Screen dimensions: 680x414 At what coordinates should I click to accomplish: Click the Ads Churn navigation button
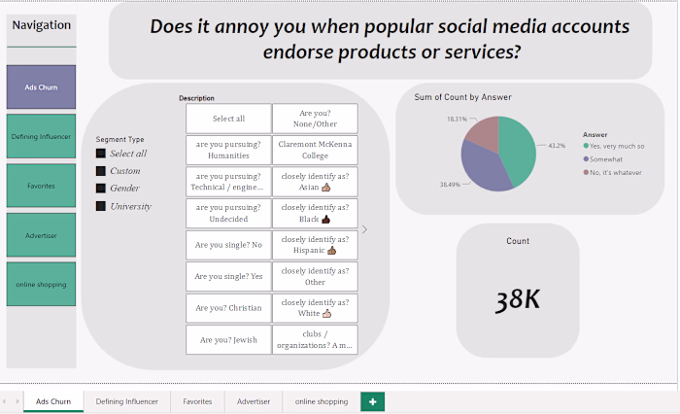[41, 86]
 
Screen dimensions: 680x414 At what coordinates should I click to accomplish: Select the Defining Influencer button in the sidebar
[41, 136]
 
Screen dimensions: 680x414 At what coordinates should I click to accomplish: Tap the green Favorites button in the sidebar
[41, 186]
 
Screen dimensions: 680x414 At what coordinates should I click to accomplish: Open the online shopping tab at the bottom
[322, 401]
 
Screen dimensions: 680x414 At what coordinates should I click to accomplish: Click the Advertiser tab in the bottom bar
[254, 401]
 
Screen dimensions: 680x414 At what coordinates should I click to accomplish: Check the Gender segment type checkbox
[101, 189]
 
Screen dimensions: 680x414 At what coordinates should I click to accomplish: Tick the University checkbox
[101, 206]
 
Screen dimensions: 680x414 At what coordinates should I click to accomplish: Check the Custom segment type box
[101, 171]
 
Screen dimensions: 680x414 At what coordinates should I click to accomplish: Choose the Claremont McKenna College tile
[316, 150]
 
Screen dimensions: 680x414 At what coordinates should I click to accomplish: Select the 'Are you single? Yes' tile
[228, 276]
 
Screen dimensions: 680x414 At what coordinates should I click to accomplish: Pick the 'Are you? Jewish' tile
[228, 340]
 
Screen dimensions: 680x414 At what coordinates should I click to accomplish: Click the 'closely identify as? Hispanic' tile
[316, 245]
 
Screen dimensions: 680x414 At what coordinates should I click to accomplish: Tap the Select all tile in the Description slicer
[228, 119]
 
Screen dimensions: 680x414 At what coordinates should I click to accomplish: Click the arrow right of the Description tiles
[364, 229]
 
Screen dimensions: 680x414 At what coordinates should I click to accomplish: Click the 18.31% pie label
[458, 119]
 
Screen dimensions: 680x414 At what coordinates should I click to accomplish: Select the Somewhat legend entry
[603, 159]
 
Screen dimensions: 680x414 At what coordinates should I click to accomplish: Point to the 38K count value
[518, 299]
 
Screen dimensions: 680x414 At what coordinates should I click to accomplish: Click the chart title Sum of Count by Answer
[462, 97]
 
